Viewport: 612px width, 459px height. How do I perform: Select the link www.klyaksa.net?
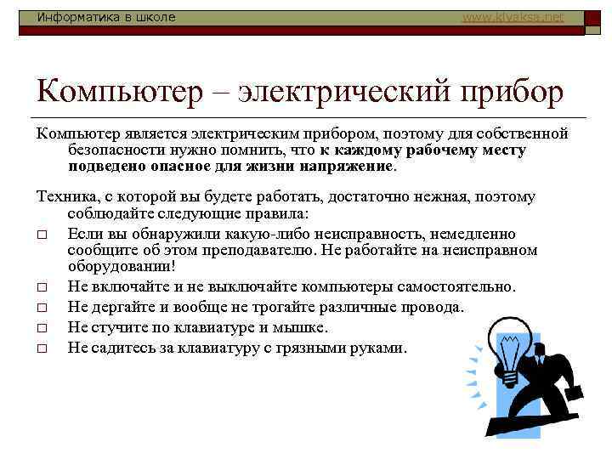coord(513,17)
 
